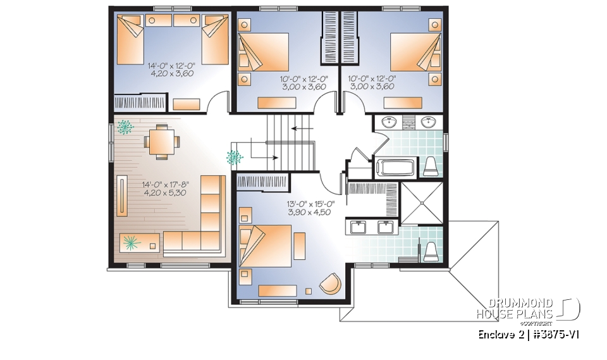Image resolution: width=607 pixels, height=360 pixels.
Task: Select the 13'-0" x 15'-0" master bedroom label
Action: tap(310, 208)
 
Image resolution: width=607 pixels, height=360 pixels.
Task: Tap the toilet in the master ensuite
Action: tap(431, 251)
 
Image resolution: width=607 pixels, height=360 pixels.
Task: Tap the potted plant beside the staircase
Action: tap(235, 156)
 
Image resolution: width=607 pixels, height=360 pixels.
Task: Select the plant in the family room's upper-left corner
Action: tap(124, 127)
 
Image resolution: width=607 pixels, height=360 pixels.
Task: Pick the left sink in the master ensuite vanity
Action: tap(359, 227)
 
